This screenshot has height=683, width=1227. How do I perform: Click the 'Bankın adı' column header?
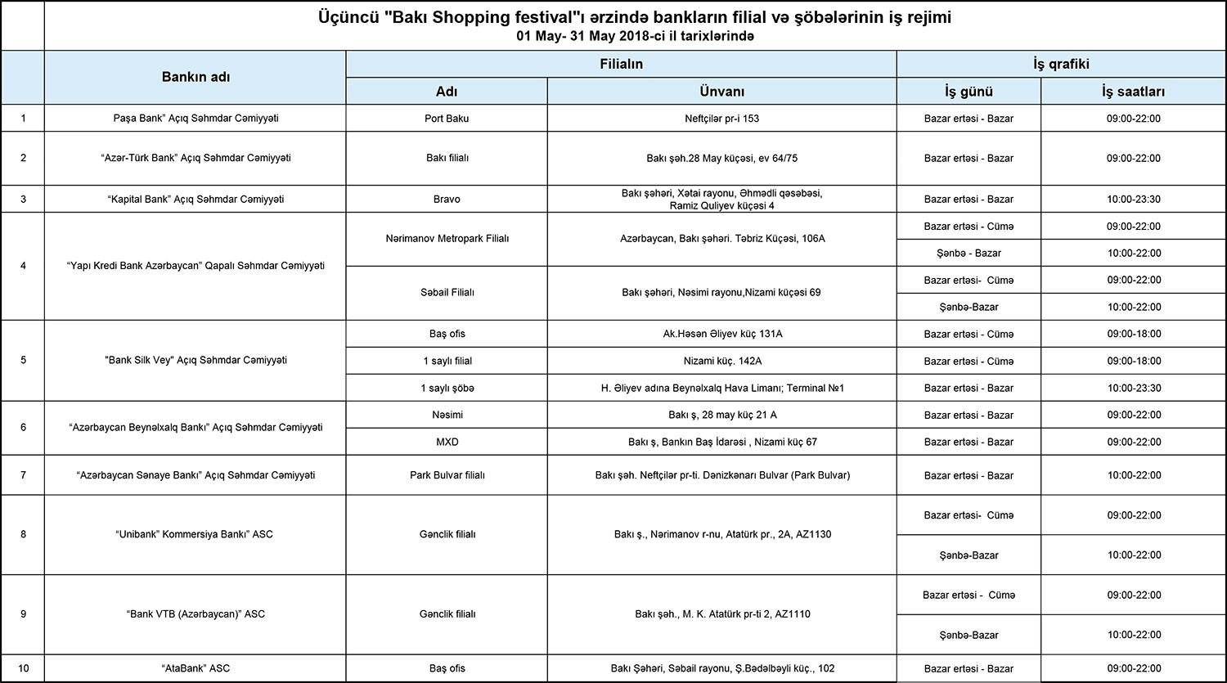(196, 77)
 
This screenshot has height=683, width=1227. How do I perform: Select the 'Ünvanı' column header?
(721, 92)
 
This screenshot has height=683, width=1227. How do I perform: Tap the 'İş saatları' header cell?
(1133, 92)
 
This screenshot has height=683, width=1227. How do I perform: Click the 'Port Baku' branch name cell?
(447, 119)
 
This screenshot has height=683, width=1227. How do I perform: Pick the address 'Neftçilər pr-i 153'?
(721, 119)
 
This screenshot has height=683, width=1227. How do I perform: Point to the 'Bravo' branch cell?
(447, 199)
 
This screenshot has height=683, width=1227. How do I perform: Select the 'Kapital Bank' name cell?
(196, 199)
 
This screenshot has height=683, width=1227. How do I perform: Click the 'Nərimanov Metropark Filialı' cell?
(447, 239)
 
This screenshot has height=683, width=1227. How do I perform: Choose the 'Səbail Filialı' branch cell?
(447, 292)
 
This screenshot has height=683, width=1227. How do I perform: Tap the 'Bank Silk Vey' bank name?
(196, 360)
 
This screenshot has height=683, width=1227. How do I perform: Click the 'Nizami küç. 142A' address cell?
(721, 361)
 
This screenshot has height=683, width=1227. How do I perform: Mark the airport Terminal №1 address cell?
(721, 388)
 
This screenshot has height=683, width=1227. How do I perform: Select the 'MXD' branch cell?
(447, 442)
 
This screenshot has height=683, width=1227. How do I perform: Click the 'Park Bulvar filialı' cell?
(447, 475)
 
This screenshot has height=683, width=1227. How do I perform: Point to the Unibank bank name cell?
(196, 534)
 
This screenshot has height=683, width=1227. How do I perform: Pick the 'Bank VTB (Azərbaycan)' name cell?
(196, 613)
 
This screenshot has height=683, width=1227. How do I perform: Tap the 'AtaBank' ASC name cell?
(196, 668)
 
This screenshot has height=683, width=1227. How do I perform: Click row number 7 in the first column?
(23, 475)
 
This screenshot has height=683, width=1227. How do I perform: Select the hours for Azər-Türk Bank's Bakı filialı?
(1133, 158)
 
